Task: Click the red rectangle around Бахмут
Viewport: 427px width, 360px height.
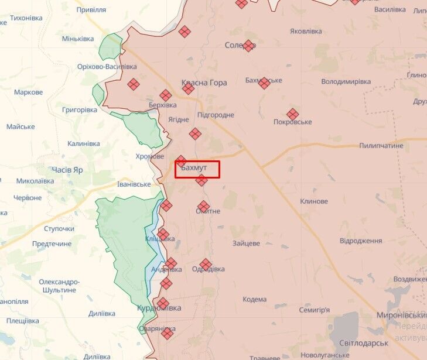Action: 197,169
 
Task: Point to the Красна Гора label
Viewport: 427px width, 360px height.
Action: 204,83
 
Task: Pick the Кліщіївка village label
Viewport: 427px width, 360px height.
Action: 160,239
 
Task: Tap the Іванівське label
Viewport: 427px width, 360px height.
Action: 134,184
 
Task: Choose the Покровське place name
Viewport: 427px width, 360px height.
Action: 292,122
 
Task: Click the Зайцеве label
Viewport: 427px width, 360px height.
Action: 246,243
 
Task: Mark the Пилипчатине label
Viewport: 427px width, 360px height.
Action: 381,145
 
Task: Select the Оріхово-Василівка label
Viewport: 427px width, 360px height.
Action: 103,67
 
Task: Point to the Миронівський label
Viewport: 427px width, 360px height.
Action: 401,314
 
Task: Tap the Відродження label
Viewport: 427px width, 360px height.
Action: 361,241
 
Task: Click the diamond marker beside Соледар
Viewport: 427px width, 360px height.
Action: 249,46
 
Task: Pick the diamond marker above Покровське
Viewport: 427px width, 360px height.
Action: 292,114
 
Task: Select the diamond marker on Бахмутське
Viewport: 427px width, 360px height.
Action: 264,83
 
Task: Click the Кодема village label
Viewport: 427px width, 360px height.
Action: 255,299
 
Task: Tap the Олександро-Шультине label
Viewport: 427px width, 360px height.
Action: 58,286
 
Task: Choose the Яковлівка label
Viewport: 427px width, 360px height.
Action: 310,31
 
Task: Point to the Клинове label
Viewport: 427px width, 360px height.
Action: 313,201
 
